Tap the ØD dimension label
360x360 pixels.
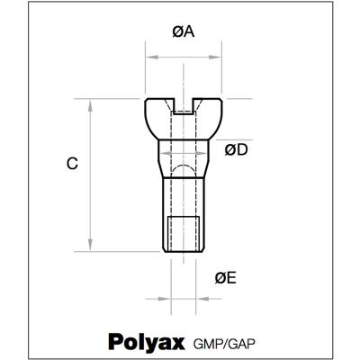[x=236, y=149]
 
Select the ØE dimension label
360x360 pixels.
[x=226, y=278]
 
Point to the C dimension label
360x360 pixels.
[x=73, y=164]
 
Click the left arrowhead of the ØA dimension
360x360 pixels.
[x=149, y=57]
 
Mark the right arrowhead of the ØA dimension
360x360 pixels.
[x=219, y=57]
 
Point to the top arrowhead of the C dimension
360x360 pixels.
[x=91, y=103]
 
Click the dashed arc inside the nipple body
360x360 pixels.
[x=184, y=169]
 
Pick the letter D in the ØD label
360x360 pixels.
[x=242, y=149]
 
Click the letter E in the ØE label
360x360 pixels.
[x=231, y=278]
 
